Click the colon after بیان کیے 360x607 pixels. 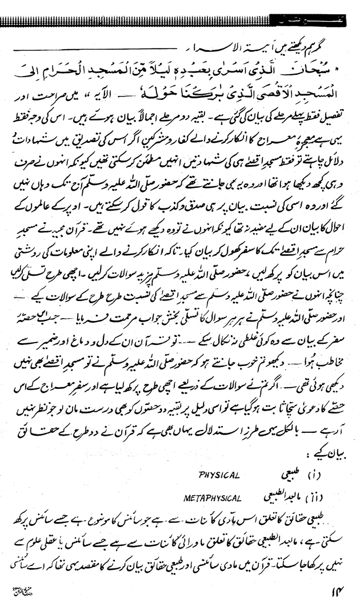tap(314, 454)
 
